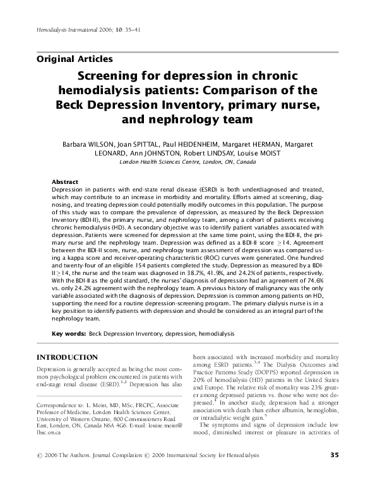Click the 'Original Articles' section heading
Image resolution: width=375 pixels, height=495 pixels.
75,59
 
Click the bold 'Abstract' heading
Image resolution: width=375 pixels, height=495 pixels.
64,181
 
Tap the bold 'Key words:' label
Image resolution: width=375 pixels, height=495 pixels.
69,333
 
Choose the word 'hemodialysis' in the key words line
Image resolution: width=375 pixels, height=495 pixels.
217,333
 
